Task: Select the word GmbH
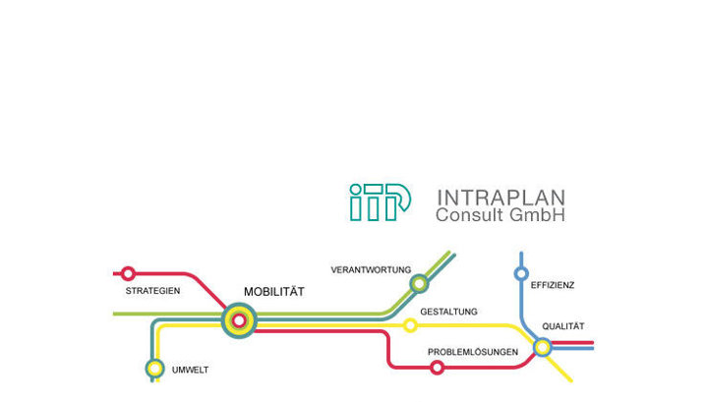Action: (543, 214)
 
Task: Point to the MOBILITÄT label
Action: (274, 292)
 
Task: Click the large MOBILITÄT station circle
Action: (239, 319)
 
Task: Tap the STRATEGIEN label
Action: (152, 292)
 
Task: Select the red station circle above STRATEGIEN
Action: (128, 273)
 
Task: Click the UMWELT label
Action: (191, 370)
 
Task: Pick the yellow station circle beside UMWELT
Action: (154, 369)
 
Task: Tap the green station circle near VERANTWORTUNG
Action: (420, 284)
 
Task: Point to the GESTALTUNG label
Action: (448, 312)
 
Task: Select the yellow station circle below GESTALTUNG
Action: (411, 325)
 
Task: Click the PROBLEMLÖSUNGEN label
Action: (473, 352)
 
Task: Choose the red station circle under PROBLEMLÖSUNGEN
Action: (437, 368)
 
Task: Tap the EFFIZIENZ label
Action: (553, 285)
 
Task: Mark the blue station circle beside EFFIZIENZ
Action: (521, 273)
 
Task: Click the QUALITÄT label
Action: (563, 326)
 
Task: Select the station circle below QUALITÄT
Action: (542, 346)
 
